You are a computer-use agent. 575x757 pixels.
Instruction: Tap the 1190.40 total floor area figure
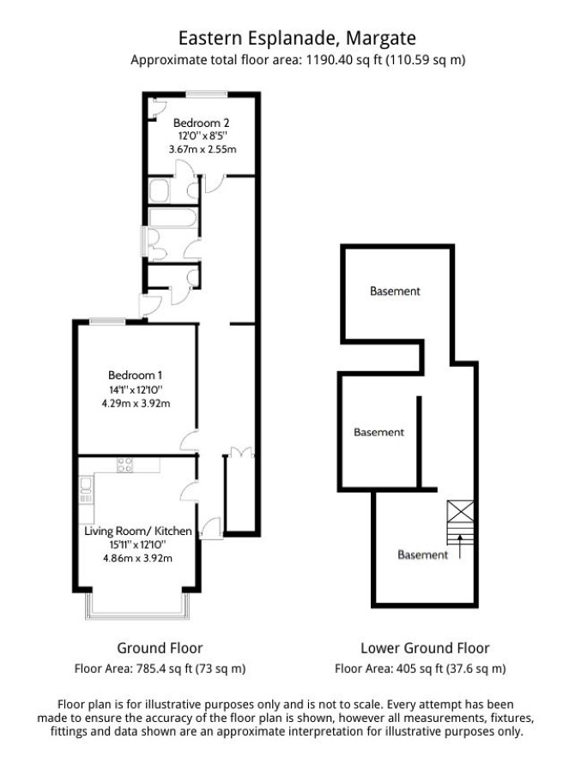(328, 60)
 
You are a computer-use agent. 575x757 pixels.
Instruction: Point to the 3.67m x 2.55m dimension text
(203, 148)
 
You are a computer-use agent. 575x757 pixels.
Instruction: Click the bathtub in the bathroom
(173, 218)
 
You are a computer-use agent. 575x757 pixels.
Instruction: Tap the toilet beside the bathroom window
(156, 243)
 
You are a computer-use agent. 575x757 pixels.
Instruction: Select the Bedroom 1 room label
(136, 375)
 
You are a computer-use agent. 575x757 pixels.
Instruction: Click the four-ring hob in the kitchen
(124, 465)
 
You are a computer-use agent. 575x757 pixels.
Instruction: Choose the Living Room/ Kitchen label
(138, 531)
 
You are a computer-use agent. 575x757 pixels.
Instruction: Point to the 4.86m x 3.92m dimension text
(137, 558)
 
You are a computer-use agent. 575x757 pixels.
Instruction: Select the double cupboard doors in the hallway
(241, 452)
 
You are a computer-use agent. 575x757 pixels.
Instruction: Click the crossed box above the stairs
(460, 510)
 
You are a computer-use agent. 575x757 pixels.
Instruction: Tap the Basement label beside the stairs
(423, 555)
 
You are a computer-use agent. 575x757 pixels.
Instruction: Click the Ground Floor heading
(160, 648)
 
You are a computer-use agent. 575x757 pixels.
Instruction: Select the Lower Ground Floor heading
(425, 648)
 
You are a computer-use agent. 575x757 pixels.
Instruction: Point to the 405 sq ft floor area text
(420, 669)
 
